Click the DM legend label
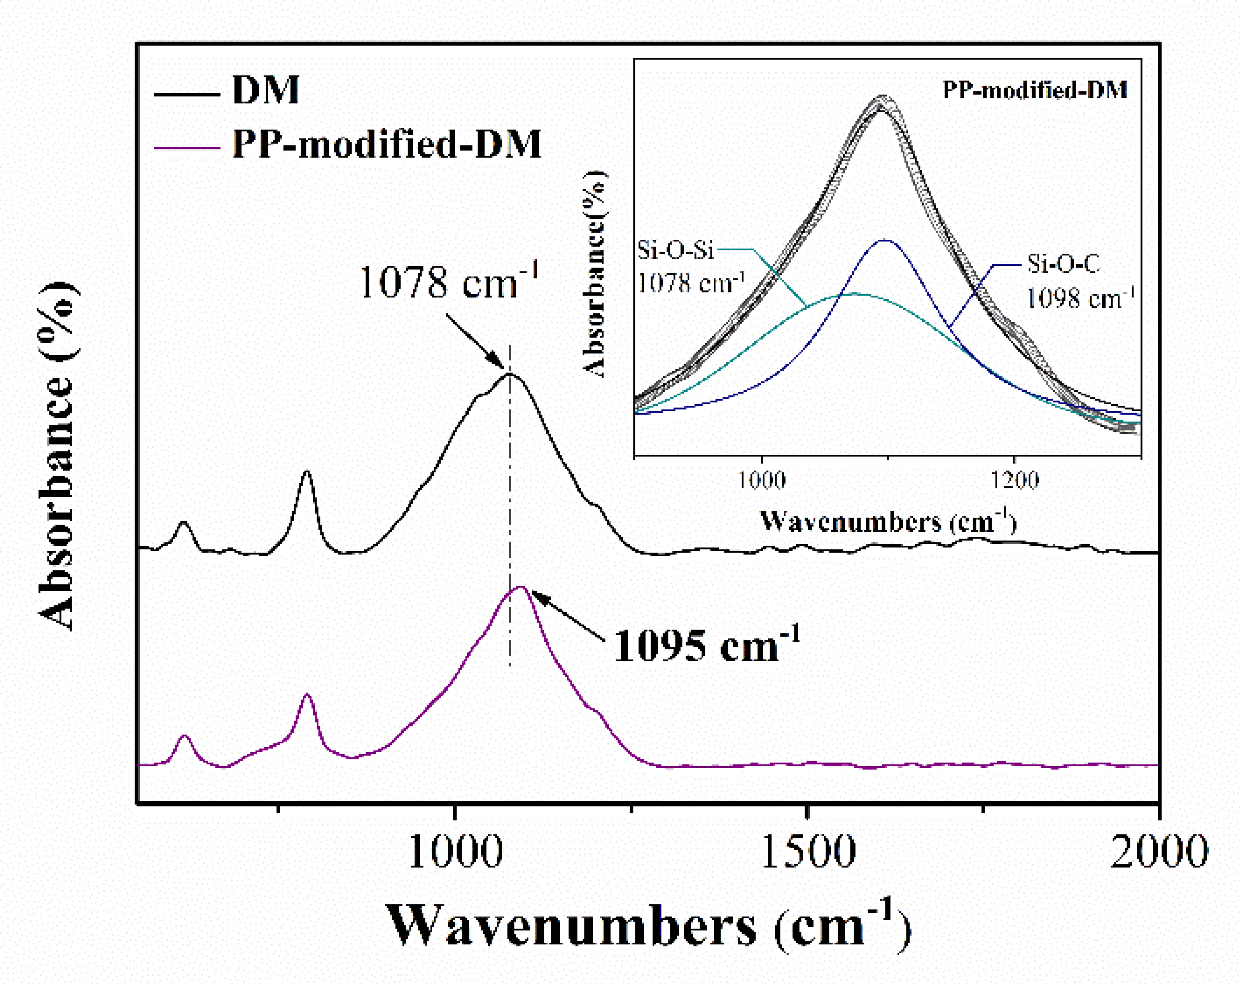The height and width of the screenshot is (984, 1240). tap(265, 90)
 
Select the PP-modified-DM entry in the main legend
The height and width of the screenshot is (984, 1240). tap(387, 144)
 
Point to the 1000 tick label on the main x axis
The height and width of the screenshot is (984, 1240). tap(455, 851)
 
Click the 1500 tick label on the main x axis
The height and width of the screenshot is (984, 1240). tap(807, 851)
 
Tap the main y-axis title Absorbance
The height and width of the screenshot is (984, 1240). tap(57, 457)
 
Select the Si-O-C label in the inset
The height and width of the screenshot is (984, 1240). tap(1063, 264)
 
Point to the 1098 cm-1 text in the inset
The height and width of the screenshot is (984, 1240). tap(1079, 298)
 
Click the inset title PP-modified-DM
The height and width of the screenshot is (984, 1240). tap(1034, 90)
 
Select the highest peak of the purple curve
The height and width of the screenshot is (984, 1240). tap(520, 587)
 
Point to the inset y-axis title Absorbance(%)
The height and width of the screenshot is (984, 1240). tap(594, 274)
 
